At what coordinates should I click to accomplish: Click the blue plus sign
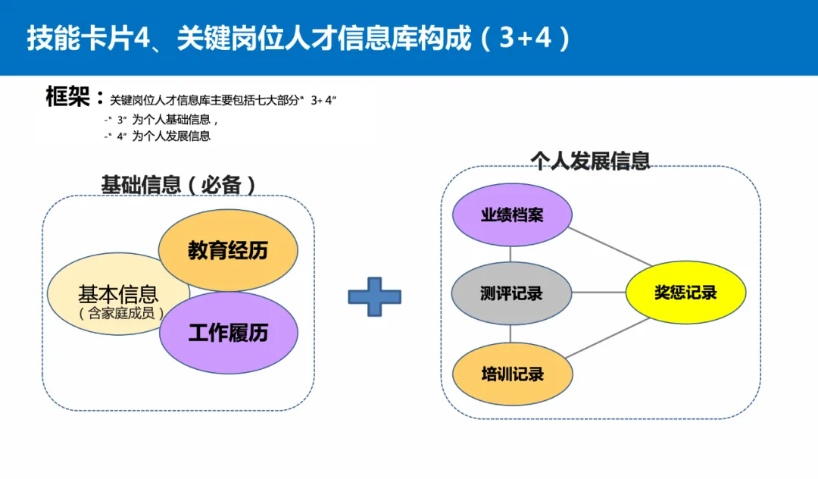point(374,296)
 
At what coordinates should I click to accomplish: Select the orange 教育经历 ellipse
point(228,250)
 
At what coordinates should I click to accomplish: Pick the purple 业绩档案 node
point(512,215)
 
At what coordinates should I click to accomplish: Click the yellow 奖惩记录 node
point(685,293)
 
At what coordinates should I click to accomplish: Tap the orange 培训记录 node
point(512,374)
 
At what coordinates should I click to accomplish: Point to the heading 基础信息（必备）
point(178,184)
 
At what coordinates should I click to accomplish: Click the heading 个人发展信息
point(590,161)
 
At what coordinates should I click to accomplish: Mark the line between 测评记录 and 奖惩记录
point(598,293)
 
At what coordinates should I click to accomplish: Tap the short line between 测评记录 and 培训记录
point(511,333)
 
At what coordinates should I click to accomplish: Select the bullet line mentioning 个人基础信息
point(162,120)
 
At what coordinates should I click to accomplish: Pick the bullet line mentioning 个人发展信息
point(158,136)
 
